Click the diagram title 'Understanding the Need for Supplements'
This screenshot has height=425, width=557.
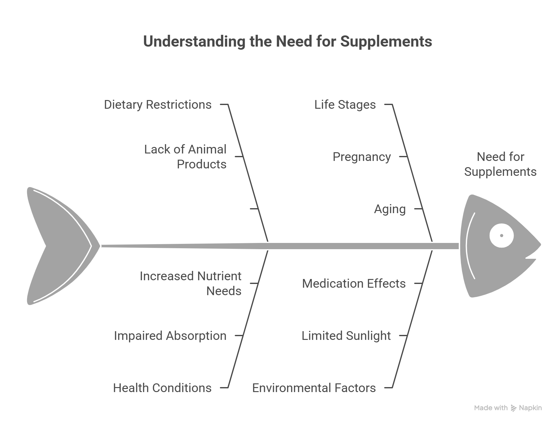287,42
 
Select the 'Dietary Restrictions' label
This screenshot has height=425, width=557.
157,105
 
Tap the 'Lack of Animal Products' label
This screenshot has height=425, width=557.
185,157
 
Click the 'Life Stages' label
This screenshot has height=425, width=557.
345,105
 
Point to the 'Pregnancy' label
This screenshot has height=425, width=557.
362,157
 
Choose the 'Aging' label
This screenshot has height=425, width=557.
390,209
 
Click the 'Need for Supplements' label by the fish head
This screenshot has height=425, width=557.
500,164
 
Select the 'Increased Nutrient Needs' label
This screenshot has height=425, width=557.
191,283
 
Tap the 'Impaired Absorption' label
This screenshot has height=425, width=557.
170,336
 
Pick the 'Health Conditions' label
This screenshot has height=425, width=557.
162,388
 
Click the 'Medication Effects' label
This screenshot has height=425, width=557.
354,284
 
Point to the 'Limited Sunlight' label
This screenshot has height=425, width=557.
346,336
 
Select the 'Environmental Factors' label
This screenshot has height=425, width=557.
314,388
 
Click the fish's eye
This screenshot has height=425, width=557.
501,235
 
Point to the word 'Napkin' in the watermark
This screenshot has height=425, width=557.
530,408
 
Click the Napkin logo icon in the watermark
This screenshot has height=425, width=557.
513,408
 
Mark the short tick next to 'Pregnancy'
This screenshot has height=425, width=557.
403,157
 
